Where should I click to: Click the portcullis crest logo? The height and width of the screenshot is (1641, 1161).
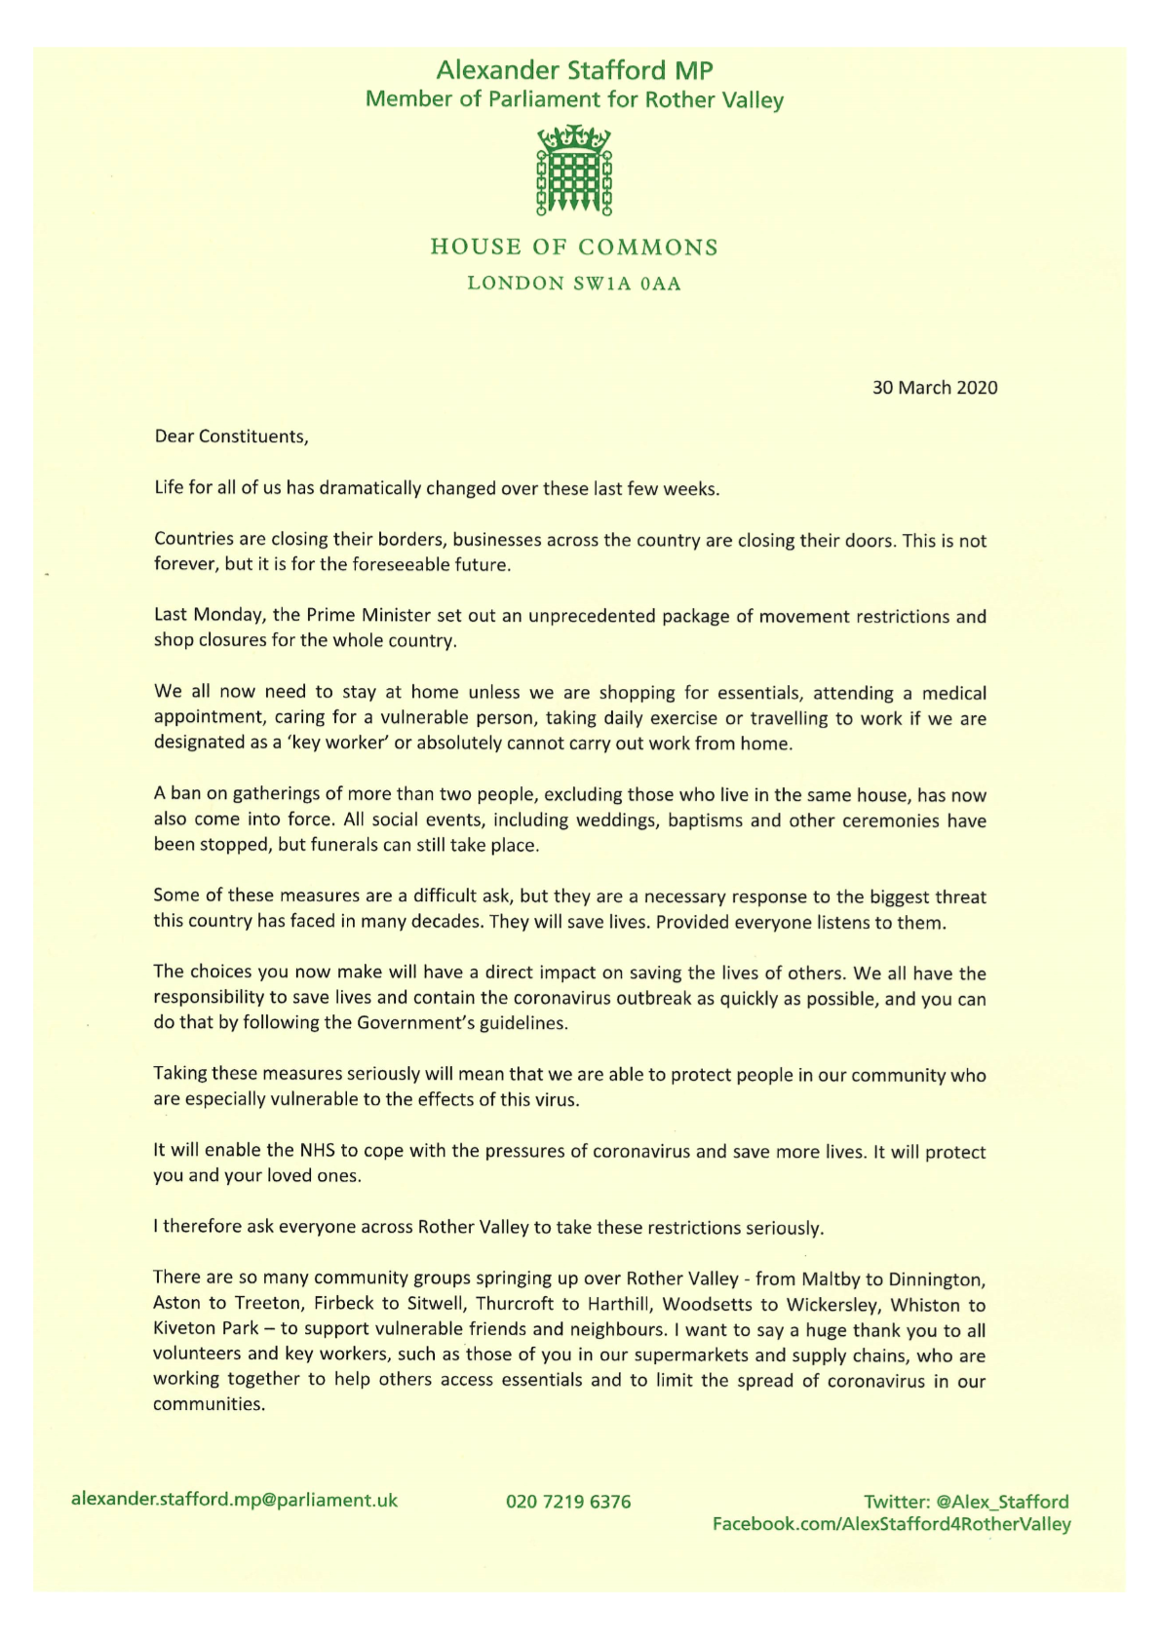[574, 171]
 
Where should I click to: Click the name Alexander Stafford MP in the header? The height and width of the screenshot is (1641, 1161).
[574, 70]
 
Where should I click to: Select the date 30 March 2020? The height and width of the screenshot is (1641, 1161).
[934, 388]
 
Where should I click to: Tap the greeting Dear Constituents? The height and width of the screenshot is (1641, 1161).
[231, 437]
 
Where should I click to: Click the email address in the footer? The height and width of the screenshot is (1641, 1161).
[234, 1500]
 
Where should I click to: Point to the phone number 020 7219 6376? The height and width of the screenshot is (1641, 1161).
[568, 1502]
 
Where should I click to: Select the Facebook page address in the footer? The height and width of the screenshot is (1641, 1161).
[891, 1524]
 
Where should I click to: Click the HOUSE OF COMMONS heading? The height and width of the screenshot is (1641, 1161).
[574, 248]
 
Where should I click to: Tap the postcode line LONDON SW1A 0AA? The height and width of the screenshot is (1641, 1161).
[574, 284]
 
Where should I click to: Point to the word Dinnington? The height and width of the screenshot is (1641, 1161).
[935, 1278]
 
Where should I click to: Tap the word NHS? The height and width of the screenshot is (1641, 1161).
[317, 1150]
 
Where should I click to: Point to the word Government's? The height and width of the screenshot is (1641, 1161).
[428, 1023]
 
